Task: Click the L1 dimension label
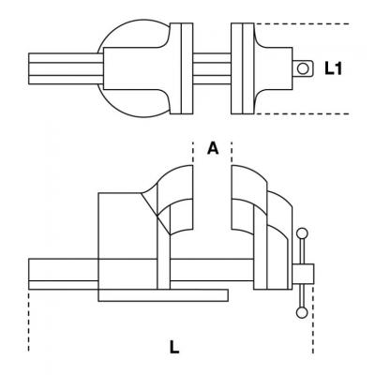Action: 333,68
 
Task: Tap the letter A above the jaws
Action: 213,148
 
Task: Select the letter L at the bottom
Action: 174,347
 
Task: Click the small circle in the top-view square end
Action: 303,68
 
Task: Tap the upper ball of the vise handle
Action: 302,233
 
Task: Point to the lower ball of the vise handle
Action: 302,313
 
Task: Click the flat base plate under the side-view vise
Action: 163,295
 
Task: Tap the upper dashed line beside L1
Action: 303,23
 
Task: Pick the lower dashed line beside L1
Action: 303,113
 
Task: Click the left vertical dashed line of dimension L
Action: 29,322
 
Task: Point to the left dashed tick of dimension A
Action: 193,152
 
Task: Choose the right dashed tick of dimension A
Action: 232,152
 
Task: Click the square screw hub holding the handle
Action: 303,275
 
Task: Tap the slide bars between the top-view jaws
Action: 212,68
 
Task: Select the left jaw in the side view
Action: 175,200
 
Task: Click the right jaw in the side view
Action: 249,200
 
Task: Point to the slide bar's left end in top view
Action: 29,68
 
